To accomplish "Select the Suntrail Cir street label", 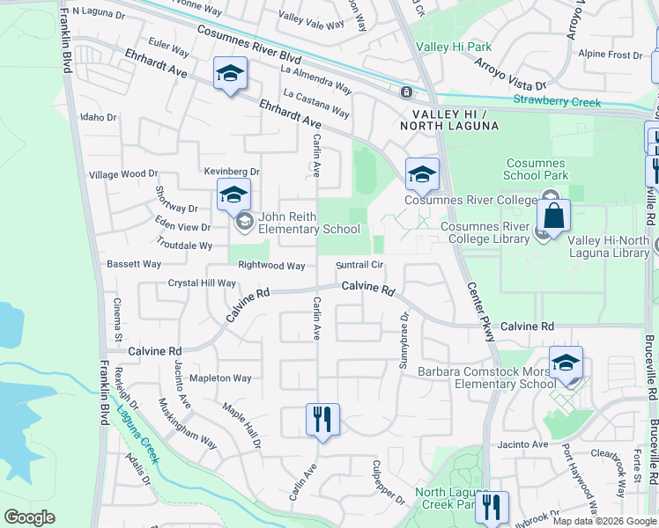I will click(359, 265).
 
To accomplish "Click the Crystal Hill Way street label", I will click(203, 283).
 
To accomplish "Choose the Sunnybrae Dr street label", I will click(405, 341).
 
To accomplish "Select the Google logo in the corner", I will click(30, 517).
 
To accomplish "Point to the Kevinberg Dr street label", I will click(232, 172).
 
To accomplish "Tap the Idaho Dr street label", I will click(98, 117).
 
